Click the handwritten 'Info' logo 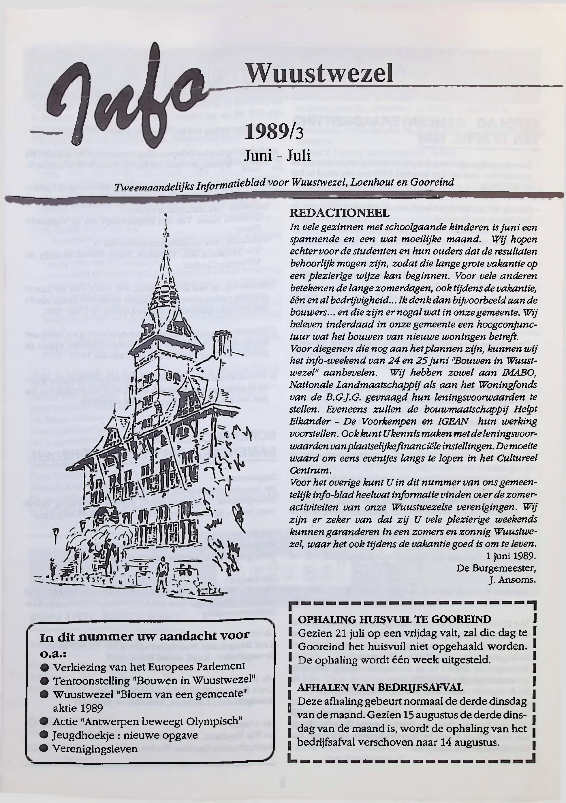[126, 96]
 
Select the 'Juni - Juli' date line [277, 155]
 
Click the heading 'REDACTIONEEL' [339, 213]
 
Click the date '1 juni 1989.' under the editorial [510, 556]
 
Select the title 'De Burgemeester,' [496, 568]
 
